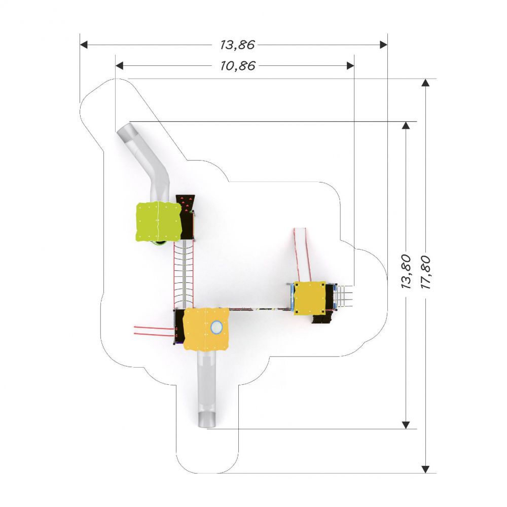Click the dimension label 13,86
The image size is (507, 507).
[238, 45]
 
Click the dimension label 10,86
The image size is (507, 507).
[238, 66]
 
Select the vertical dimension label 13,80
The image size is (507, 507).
[406, 272]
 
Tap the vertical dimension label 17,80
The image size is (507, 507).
[426, 273]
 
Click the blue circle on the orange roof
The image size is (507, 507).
[216, 327]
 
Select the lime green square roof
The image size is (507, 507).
[158, 222]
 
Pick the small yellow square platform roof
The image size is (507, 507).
[309, 298]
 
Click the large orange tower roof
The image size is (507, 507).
[206, 329]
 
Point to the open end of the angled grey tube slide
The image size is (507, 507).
[123, 132]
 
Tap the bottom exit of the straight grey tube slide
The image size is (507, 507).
[207, 420]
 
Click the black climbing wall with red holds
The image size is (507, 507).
[186, 216]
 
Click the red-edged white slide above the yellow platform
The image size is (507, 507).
[302, 255]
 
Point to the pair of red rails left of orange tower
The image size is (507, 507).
[155, 331]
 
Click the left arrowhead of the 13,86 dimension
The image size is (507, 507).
[84, 45]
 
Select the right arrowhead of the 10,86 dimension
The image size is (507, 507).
[350, 66]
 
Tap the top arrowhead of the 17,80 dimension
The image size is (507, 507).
[425, 83]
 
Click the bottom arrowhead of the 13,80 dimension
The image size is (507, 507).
[406, 425]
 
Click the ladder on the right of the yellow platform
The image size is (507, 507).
[345, 296]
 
